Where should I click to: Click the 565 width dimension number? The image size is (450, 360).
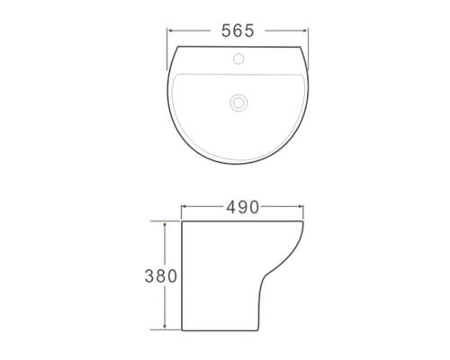(x=238, y=31)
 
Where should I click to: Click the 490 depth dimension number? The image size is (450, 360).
(x=242, y=207)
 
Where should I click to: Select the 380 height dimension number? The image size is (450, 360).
(x=161, y=276)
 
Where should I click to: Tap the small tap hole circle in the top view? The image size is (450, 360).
(x=238, y=58)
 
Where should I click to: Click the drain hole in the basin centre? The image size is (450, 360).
(x=238, y=103)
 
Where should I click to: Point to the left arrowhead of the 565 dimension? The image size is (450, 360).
(x=170, y=31)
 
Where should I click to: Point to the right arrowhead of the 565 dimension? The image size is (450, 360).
(x=305, y=31)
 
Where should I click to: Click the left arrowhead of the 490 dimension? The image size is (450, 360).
(x=184, y=206)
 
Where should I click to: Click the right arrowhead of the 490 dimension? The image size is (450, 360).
(x=300, y=206)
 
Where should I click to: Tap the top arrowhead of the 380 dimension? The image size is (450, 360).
(x=165, y=225)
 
